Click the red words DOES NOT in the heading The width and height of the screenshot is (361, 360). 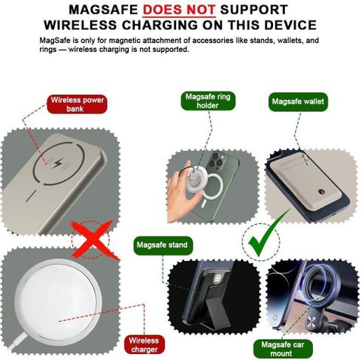coord(179,10)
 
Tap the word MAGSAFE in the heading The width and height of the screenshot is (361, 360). coord(103,10)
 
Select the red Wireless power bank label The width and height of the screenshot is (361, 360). coord(77,104)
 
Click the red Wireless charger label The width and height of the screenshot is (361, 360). coord(144,345)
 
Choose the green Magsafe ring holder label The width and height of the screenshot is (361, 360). coord(208,101)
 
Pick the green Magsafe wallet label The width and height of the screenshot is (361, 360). coord(298,101)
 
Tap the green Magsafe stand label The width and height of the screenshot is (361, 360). coord(162,245)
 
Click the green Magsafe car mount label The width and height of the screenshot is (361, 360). coord(283,349)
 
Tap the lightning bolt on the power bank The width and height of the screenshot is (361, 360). coord(59,163)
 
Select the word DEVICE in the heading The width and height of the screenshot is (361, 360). coord(290,25)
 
